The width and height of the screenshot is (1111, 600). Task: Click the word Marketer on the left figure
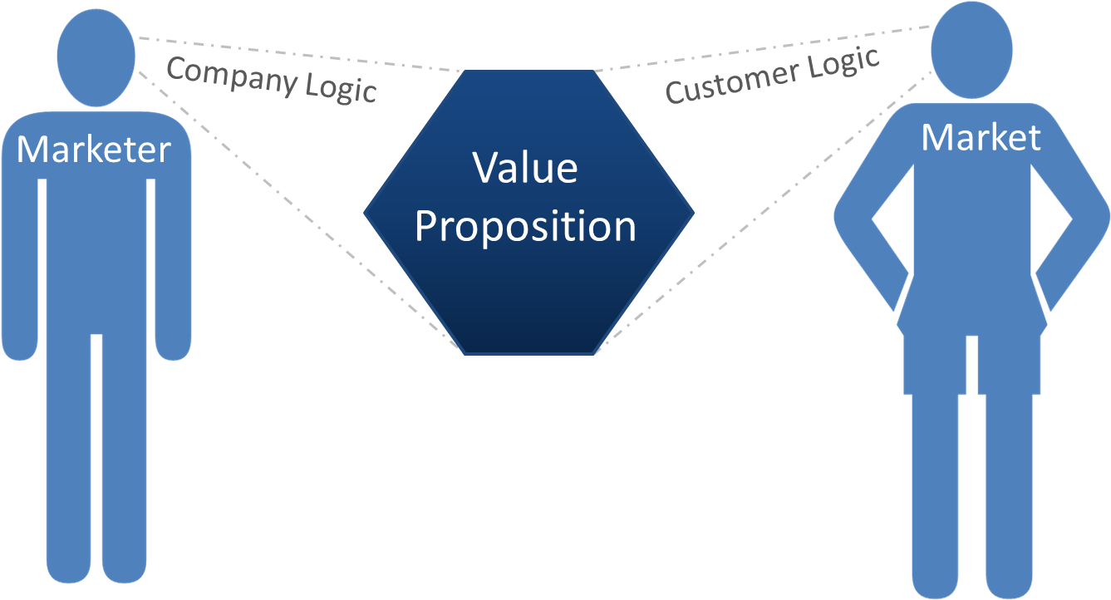(x=94, y=150)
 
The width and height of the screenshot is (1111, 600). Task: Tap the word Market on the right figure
(x=981, y=137)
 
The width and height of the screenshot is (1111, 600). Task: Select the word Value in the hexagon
(x=525, y=168)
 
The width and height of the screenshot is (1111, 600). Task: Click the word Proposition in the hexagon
(x=525, y=226)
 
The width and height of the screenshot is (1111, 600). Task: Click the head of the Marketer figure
(x=97, y=57)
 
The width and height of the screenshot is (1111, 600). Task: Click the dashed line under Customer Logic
(x=764, y=208)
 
